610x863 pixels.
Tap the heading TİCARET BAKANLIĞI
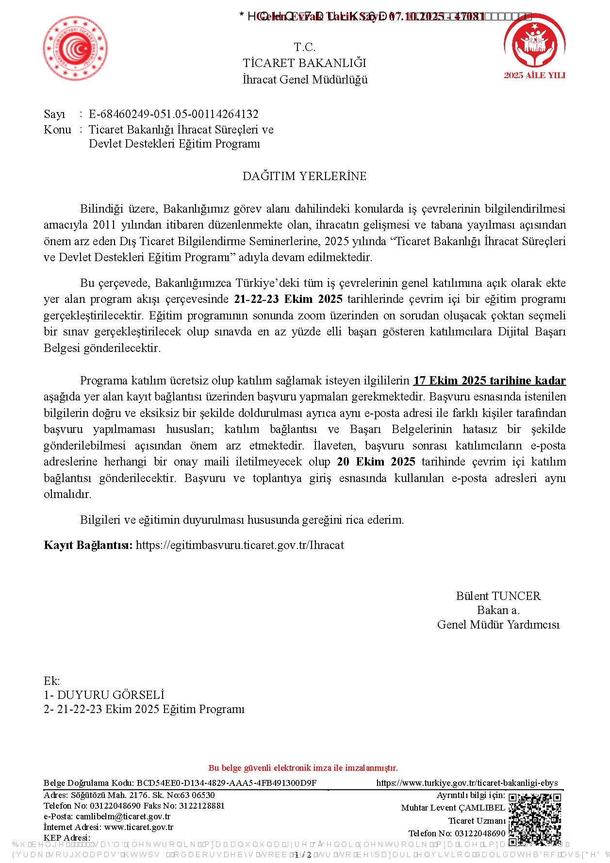click(x=304, y=63)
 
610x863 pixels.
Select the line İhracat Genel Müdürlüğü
click(x=305, y=80)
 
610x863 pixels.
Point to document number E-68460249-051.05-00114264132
click(x=173, y=115)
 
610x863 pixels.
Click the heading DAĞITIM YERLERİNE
click(x=304, y=176)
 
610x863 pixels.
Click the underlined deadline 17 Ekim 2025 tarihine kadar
click(x=489, y=381)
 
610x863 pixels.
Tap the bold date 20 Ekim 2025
click(x=376, y=462)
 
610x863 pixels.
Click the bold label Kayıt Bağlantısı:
click(x=88, y=545)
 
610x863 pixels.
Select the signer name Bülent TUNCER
click(x=498, y=596)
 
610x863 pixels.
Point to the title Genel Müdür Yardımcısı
click(x=498, y=625)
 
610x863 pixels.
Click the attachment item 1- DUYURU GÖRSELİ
click(x=104, y=695)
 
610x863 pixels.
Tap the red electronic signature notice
click(x=303, y=768)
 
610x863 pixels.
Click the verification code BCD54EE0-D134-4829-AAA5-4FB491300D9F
click(x=226, y=783)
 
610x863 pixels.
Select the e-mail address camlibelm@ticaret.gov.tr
click(x=123, y=816)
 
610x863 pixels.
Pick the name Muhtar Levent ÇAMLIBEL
click(x=453, y=808)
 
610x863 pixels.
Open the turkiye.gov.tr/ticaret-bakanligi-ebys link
click(x=467, y=783)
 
